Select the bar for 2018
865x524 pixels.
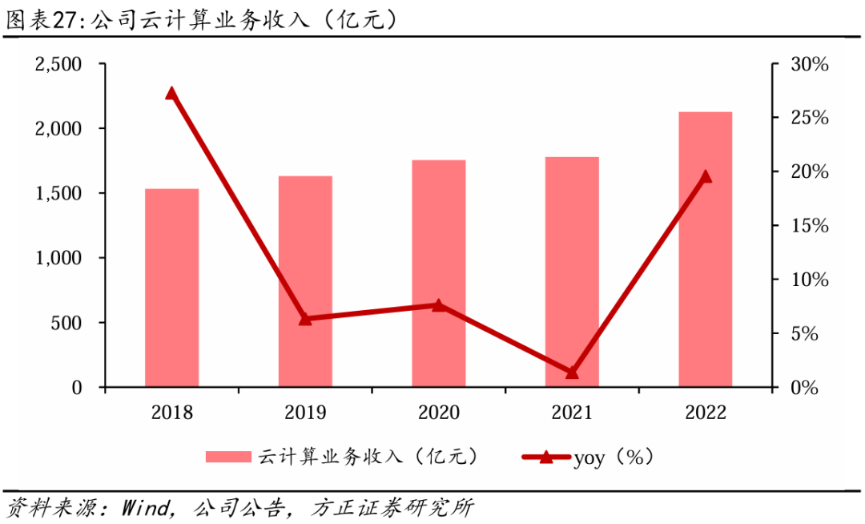(x=171, y=288)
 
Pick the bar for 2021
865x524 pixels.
(x=572, y=272)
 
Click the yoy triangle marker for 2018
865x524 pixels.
(x=171, y=93)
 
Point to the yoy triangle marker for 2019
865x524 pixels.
(x=305, y=319)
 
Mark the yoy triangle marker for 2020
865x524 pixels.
(x=439, y=305)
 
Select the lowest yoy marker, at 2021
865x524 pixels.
(x=572, y=373)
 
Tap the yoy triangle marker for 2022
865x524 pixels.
(x=706, y=177)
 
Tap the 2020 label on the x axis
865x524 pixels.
(x=439, y=413)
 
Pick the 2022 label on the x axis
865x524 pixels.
(x=706, y=413)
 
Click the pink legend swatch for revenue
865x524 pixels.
(x=229, y=457)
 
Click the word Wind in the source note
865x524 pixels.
(x=145, y=507)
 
